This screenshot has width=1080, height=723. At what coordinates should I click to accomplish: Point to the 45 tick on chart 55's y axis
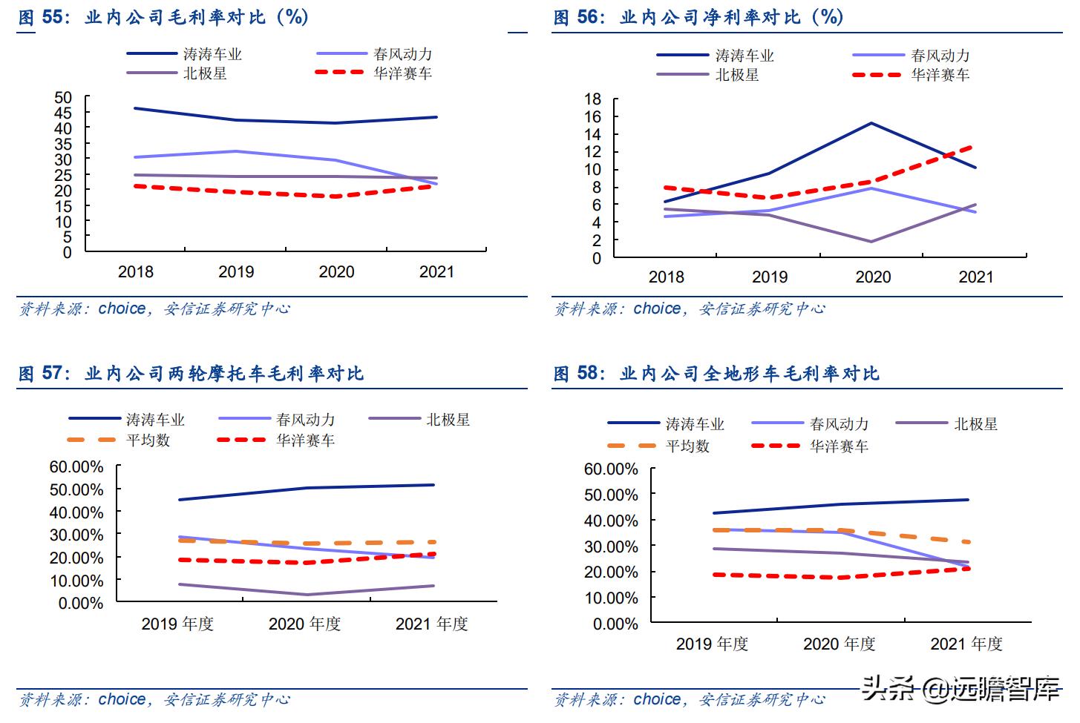(63, 113)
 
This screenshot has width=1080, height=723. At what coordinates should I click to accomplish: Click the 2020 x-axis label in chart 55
(336, 272)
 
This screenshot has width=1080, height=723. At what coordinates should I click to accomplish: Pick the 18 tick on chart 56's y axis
(592, 99)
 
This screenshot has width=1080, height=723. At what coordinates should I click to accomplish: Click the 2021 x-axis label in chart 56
(975, 277)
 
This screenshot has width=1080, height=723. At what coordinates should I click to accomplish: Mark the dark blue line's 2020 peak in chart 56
(871, 123)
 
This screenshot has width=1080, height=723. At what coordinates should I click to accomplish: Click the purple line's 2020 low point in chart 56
(871, 242)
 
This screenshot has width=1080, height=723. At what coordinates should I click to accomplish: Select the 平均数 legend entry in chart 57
(148, 440)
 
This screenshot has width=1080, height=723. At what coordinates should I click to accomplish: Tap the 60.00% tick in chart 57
(76, 467)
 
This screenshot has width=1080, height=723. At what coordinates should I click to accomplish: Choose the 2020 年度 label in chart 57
(304, 624)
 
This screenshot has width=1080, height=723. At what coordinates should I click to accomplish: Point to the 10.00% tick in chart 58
(611, 598)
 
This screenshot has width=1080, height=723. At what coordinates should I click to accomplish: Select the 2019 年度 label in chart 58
(712, 644)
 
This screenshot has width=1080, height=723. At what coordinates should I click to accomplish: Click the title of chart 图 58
(716, 374)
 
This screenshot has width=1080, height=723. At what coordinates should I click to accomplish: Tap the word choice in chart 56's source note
(657, 308)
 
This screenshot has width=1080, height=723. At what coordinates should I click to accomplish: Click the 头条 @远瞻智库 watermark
(960, 690)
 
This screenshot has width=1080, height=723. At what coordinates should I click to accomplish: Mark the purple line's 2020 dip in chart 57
(306, 595)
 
